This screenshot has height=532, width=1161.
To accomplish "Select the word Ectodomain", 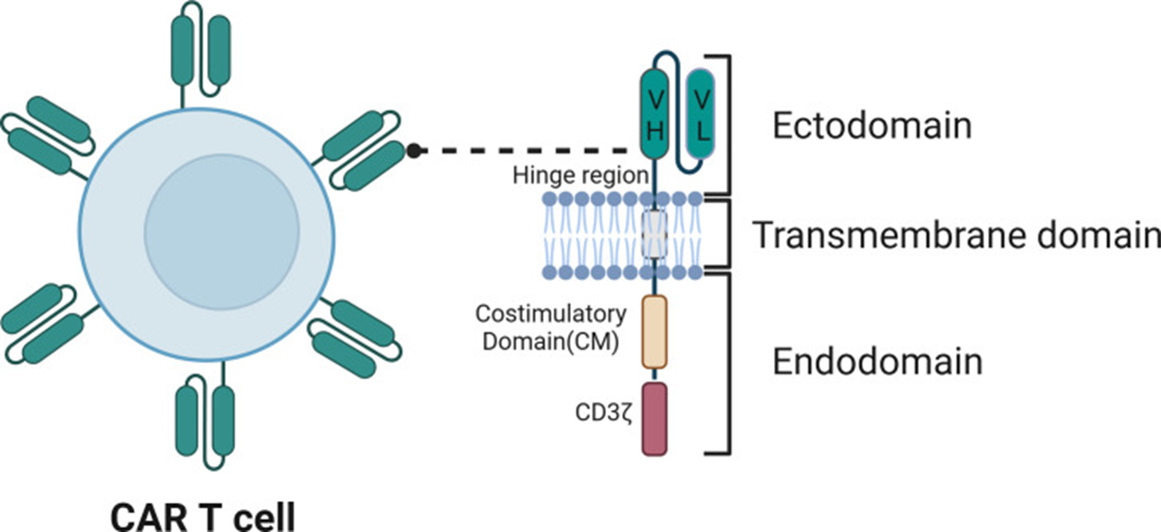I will [x=872, y=126].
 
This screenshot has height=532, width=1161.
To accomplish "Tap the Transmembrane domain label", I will [x=956, y=235].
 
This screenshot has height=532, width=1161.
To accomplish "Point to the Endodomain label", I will [x=878, y=362].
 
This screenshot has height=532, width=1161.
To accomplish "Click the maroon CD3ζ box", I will [x=654, y=419].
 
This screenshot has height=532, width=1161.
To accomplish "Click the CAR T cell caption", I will [x=201, y=516].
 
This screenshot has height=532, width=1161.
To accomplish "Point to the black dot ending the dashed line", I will [x=413, y=150].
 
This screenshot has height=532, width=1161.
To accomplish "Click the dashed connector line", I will [x=526, y=150].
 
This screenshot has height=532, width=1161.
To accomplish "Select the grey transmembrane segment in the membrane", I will [x=654, y=235].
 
